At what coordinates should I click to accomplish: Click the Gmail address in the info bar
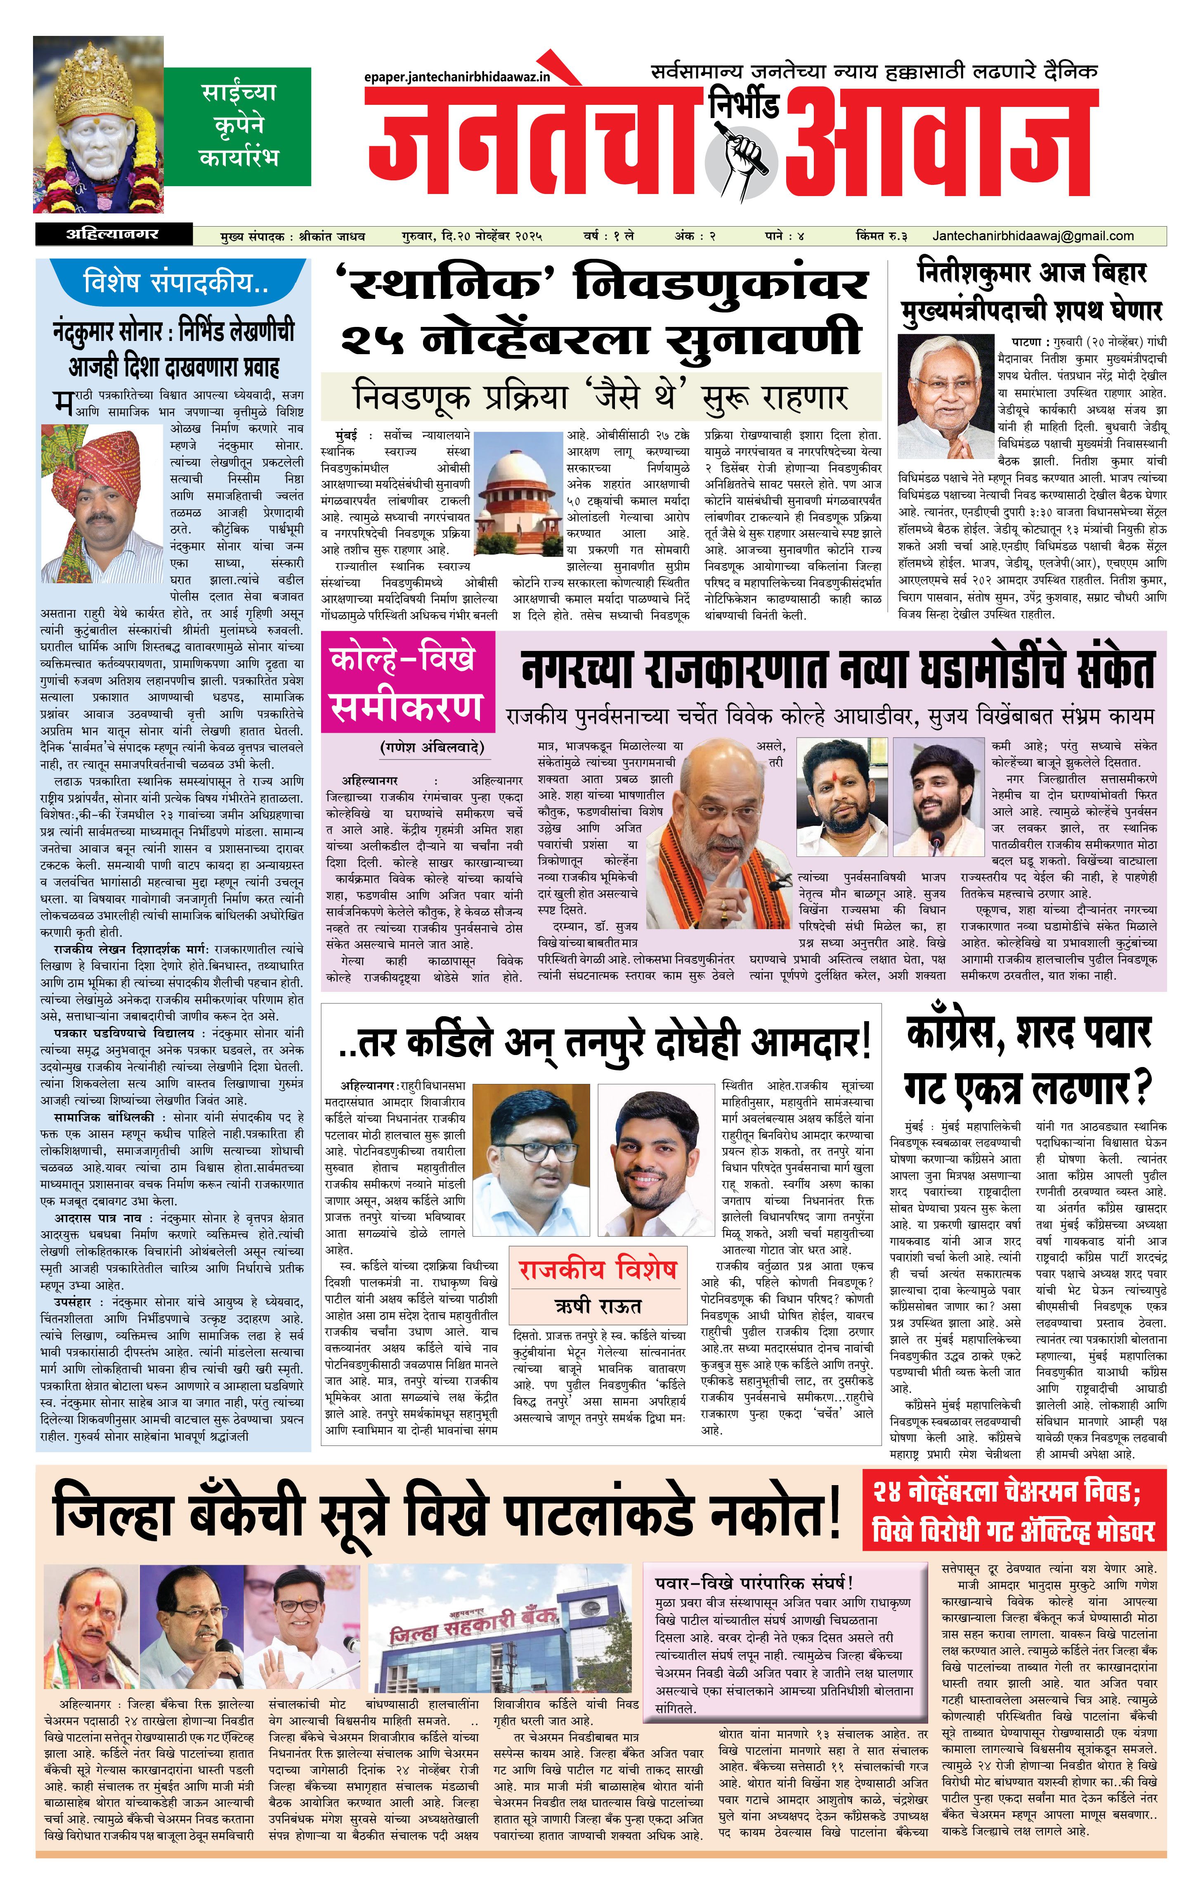[x=1033, y=235]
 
